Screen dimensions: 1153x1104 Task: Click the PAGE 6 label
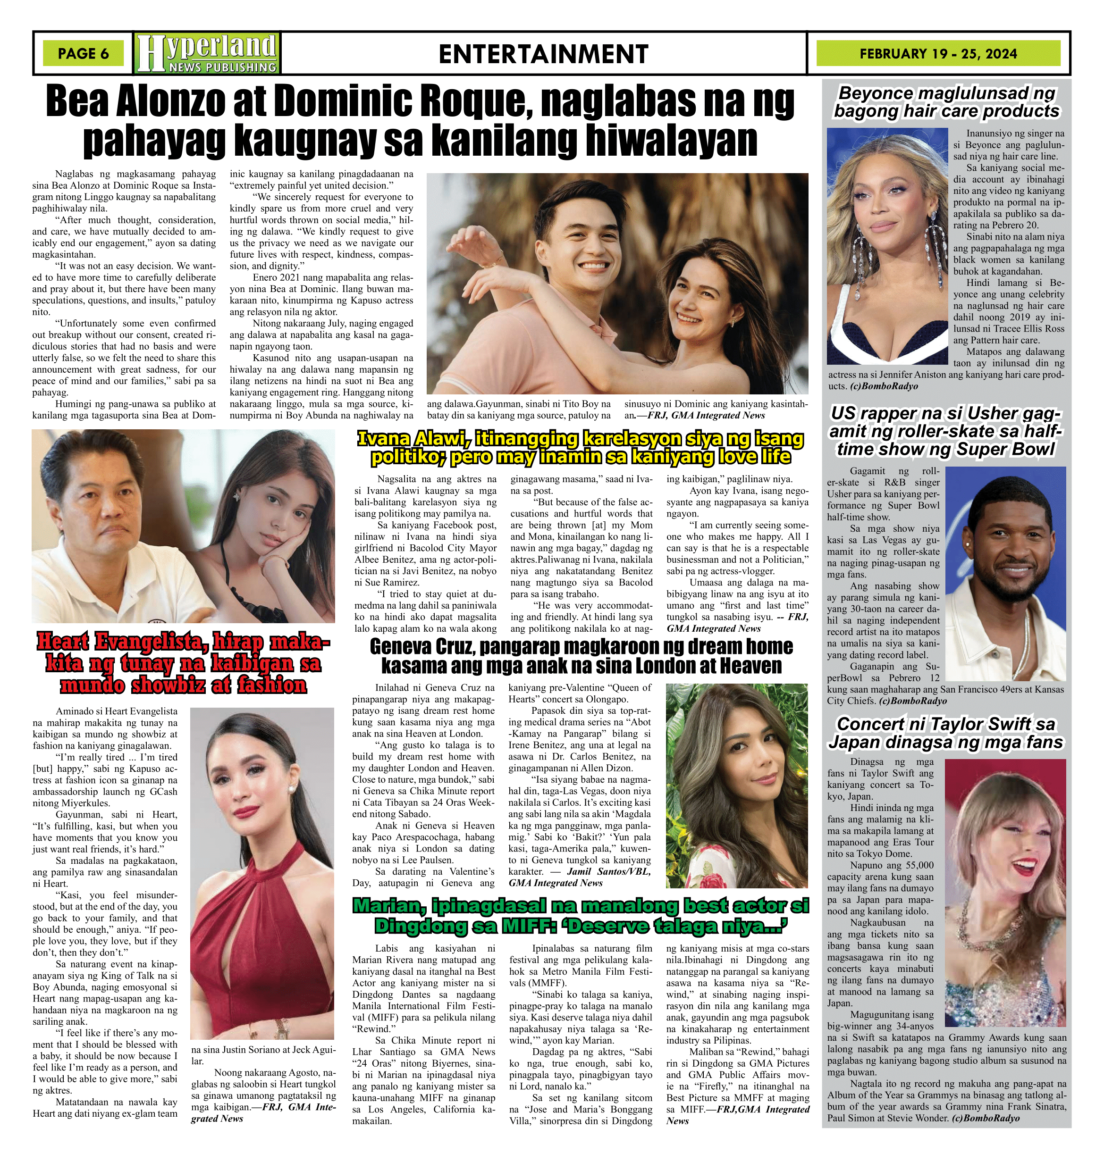(83, 53)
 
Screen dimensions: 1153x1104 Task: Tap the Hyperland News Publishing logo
(207, 53)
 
